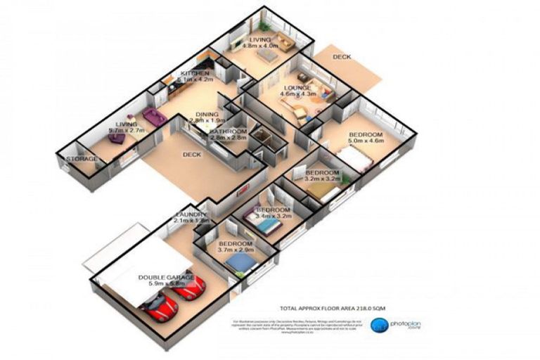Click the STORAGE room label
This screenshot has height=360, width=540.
click(x=82, y=160)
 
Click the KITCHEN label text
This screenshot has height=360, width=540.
click(x=195, y=74)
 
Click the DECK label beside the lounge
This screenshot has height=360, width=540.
click(x=342, y=56)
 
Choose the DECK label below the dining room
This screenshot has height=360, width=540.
click(x=193, y=155)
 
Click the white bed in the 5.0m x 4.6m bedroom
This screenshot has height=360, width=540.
click(x=357, y=161)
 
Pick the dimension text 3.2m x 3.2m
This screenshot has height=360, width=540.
click(x=322, y=179)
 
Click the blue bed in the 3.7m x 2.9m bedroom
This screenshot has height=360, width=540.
click(x=241, y=263)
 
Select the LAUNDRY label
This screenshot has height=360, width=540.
click(x=191, y=214)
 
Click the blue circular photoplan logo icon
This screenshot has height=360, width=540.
click(x=380, y=325)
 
